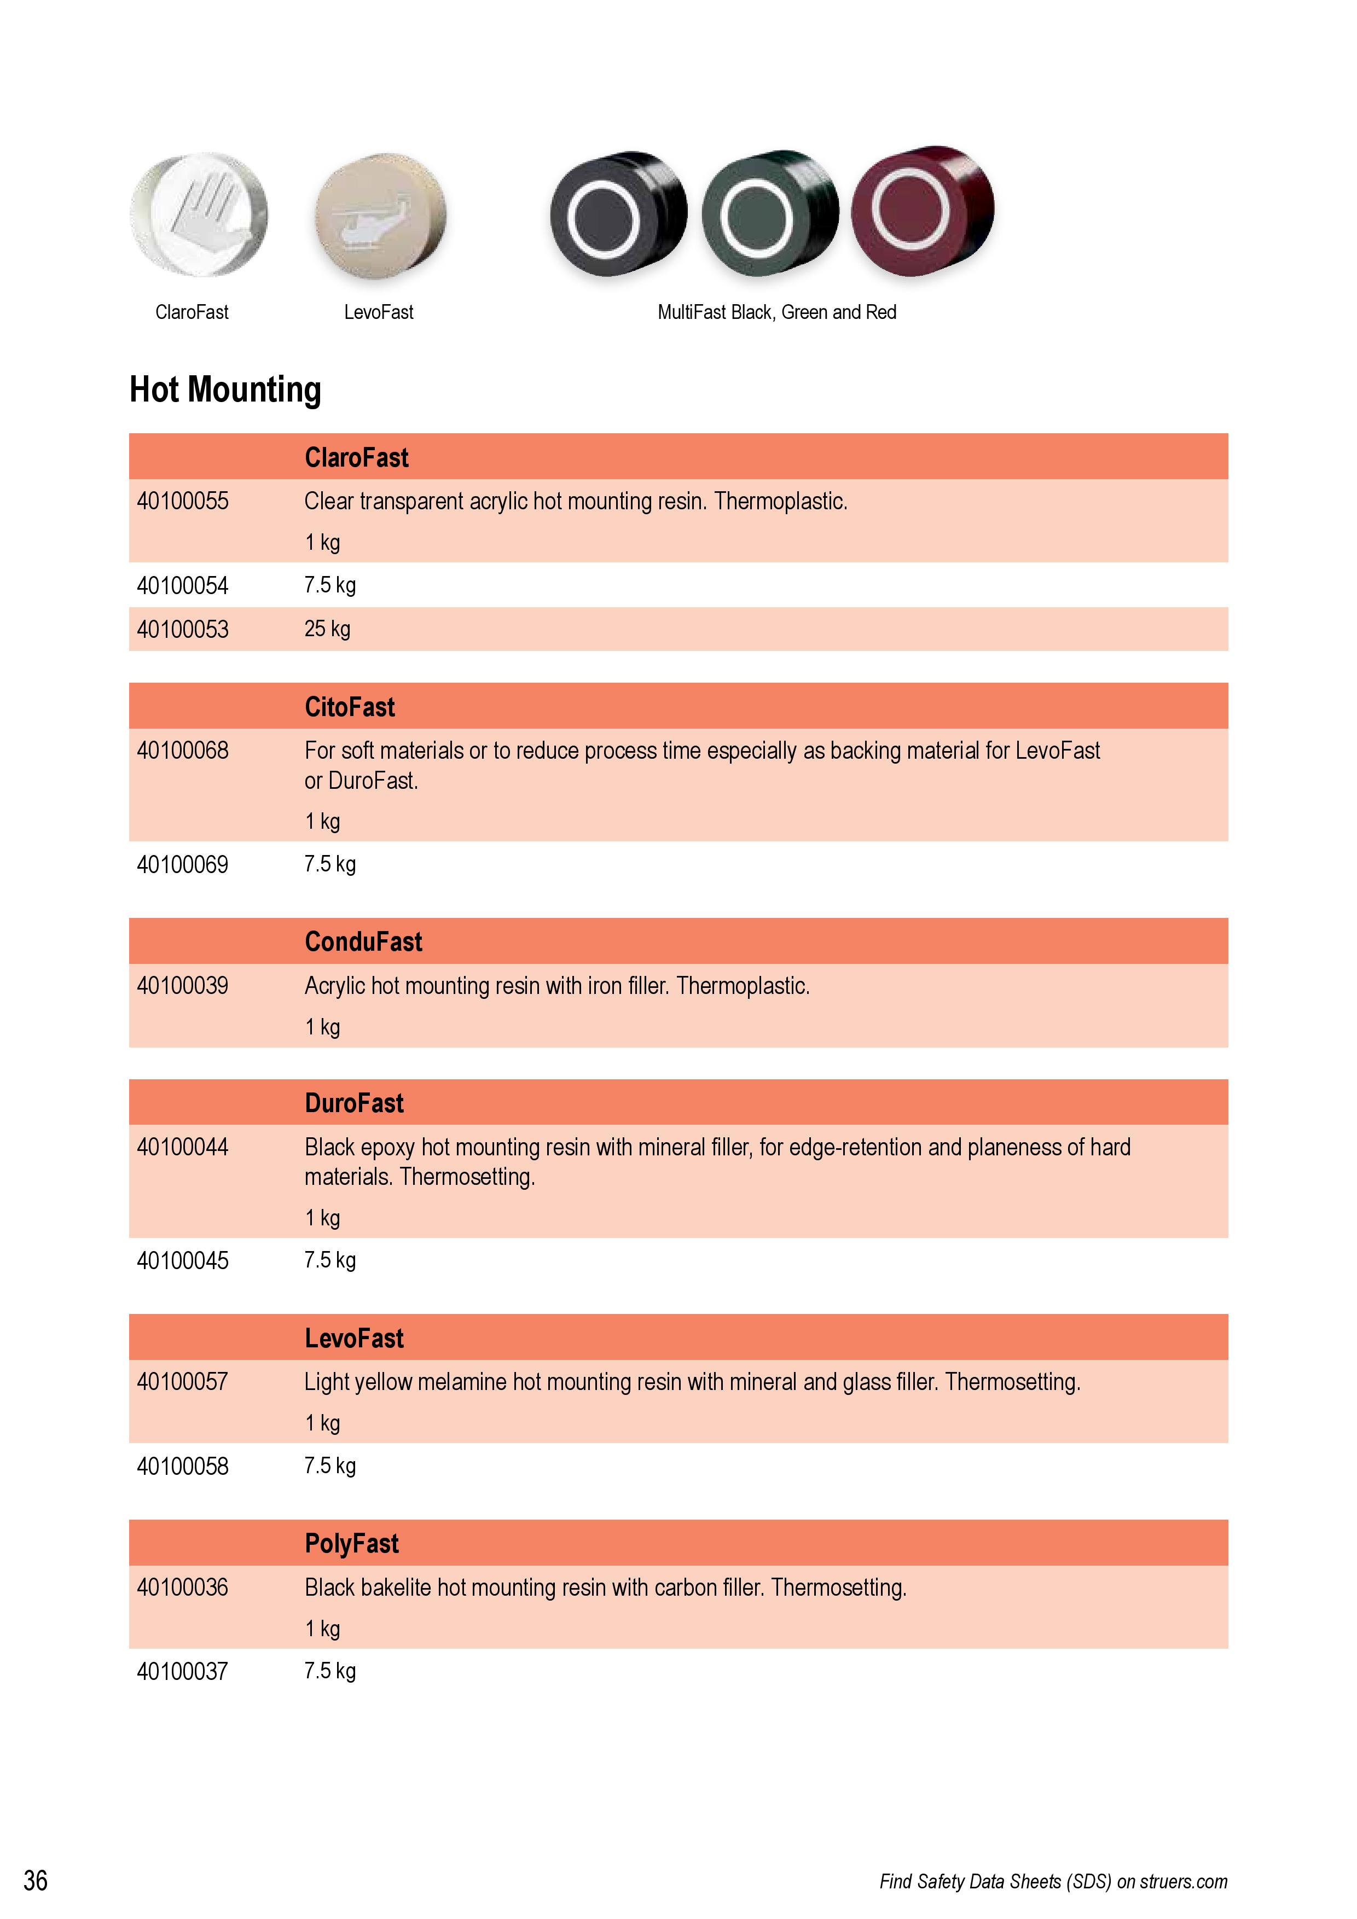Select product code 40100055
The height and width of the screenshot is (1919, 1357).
pos(182,502)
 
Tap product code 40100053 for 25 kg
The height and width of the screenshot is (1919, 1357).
pos(182,629)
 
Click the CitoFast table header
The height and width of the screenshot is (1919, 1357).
pos(350,707)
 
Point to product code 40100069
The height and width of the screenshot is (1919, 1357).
pos(182,864)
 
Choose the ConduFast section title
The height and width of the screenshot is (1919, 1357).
pos(363,942)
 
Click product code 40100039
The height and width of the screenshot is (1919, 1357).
pos(182,986)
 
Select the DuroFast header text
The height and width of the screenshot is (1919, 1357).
pos(353,1103)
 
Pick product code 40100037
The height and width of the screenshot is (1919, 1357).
pos(182,1672)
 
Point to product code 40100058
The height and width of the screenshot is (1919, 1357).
pos(182,1466)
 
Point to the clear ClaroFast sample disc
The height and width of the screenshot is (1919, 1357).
pos(199,215)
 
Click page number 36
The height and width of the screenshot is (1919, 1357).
pos(35,1881)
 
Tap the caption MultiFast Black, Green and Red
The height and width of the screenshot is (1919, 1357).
pos(777,312)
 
